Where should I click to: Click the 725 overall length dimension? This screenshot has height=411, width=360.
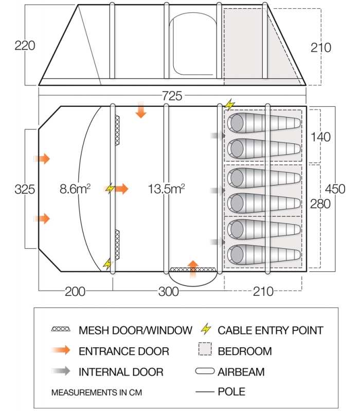172,96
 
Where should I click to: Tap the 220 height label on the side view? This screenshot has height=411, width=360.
25,46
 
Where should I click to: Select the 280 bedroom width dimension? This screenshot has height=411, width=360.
321,204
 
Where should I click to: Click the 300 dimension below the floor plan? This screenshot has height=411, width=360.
168,292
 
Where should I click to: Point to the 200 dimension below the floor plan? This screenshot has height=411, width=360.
75,292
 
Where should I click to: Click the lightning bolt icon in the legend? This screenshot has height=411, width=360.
206,329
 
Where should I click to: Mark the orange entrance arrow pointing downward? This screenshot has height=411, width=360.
140,110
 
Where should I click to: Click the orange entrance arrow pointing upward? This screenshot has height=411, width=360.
193,268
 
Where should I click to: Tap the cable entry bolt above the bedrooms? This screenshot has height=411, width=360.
229,104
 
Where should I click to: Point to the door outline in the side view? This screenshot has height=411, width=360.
193,46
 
